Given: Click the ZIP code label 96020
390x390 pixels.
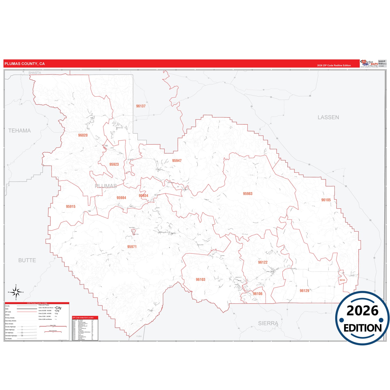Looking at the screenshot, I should [x=83, y=135].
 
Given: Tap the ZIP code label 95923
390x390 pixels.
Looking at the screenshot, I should [x=114, y=164].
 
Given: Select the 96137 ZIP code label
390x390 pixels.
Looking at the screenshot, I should [x=141, y=106].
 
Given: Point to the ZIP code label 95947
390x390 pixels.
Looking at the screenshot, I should [x=177, y=161].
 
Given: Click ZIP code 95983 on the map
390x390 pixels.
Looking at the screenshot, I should [x=247, y=194].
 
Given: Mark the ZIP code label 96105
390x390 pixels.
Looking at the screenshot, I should [x=326, y=200].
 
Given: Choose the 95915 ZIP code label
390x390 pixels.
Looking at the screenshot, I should [x=71, y=206].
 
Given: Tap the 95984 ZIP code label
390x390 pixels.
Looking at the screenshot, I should [x=121, y=198].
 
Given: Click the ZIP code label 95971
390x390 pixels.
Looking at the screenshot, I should [x=132, y=247].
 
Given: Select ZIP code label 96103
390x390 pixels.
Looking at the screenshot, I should [x=201, y=280].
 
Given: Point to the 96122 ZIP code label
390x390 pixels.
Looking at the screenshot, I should [x=263, y=262].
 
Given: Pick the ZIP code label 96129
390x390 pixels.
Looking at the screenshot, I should [x=304, y=291].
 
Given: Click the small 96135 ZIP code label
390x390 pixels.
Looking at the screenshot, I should [x=342, y=280].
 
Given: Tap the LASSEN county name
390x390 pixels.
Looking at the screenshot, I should [x=328, y=117].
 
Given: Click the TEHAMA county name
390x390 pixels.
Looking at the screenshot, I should [x=19, y=131].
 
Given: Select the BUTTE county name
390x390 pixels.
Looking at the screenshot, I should [x=27, y=260].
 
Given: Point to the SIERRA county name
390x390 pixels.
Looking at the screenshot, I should [x=268, y=323].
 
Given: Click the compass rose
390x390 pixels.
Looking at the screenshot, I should [x=16, y=292].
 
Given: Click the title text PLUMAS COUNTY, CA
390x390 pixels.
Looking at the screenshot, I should [x=25, y=64].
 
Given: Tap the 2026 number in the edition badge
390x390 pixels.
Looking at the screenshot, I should [x=362, y=311].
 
